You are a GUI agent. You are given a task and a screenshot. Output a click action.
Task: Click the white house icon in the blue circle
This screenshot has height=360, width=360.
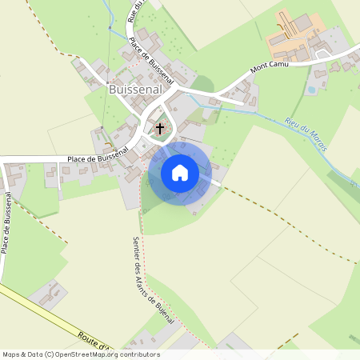click(180, 172)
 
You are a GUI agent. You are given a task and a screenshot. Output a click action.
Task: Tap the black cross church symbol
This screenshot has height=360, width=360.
click(160, 128)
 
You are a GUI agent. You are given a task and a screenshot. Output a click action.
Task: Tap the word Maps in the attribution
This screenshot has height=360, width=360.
click(13, 354)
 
